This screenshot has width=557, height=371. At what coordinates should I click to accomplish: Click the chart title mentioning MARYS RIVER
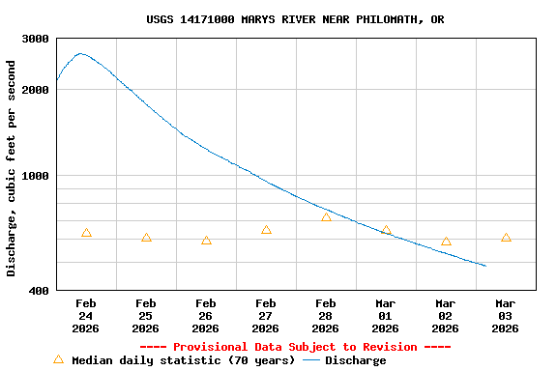(295, 19)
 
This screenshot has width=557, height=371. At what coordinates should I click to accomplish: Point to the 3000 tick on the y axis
(37, 39)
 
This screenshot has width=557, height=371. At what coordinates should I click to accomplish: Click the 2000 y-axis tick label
(37, 90)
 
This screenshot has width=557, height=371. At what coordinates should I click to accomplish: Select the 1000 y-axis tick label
(37, 176)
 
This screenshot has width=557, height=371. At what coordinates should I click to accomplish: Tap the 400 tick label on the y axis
(40, 290)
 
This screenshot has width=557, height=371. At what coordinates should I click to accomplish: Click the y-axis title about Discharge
(12, 168)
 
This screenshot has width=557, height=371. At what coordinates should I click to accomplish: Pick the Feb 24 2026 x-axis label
(86, 316)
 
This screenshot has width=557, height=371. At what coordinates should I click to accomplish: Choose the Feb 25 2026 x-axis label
(146, 316)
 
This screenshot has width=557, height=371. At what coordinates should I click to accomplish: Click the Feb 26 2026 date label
(206, 316)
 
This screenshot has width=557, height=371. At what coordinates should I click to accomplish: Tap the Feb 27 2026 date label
(266, 316)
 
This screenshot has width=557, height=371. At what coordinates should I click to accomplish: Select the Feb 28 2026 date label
(326, 316)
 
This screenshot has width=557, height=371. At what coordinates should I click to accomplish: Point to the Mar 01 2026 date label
(386, 316)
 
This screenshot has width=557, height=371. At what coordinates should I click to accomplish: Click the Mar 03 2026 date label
(506, 316)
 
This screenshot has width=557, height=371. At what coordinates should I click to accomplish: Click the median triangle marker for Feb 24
(86, 233)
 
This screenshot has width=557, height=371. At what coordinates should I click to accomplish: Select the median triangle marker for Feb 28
(326, 217)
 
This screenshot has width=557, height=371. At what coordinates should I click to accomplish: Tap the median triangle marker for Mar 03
(506, 238)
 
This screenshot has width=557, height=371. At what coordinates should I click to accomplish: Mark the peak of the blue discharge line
(80, 54)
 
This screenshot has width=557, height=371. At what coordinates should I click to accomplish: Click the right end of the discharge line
(485, 266)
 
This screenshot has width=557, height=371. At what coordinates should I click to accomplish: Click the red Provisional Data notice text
(295, 347)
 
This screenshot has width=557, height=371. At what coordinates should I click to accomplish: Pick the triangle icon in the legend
(58, 359)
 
